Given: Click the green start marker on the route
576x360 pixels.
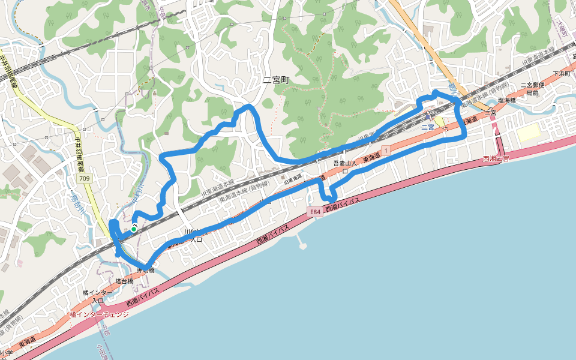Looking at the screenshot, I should click(133, 229).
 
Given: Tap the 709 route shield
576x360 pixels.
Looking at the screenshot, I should click(85, 179).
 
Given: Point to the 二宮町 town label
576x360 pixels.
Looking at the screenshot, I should click(276, 79).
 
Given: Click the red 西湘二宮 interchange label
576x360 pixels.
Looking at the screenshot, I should click(496, 159).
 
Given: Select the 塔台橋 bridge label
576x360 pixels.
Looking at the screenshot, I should click(124, 281).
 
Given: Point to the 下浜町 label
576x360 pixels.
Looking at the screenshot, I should click(560, 73).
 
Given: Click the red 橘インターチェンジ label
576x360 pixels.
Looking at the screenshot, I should click(99, 314).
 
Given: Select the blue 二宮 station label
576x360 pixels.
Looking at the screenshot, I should click(427, 127).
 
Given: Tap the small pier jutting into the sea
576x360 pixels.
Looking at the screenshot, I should click(301, 244).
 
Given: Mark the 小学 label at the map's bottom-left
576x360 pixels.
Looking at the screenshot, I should click(6, 353).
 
